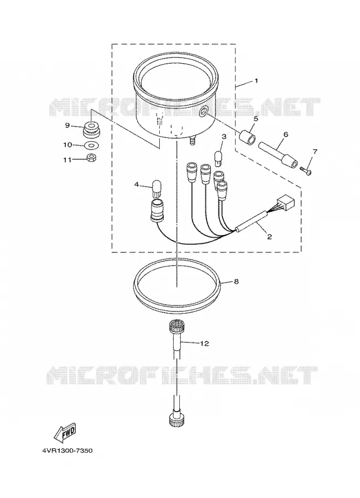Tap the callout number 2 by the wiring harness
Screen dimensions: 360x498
(x=269, y=237)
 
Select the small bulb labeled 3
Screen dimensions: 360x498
(x=218, y=158)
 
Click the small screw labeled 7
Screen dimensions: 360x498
(x=306, y=170)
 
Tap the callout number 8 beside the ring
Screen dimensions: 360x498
(x=236, y=282)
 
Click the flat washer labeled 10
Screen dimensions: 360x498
(x=92, y=146)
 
